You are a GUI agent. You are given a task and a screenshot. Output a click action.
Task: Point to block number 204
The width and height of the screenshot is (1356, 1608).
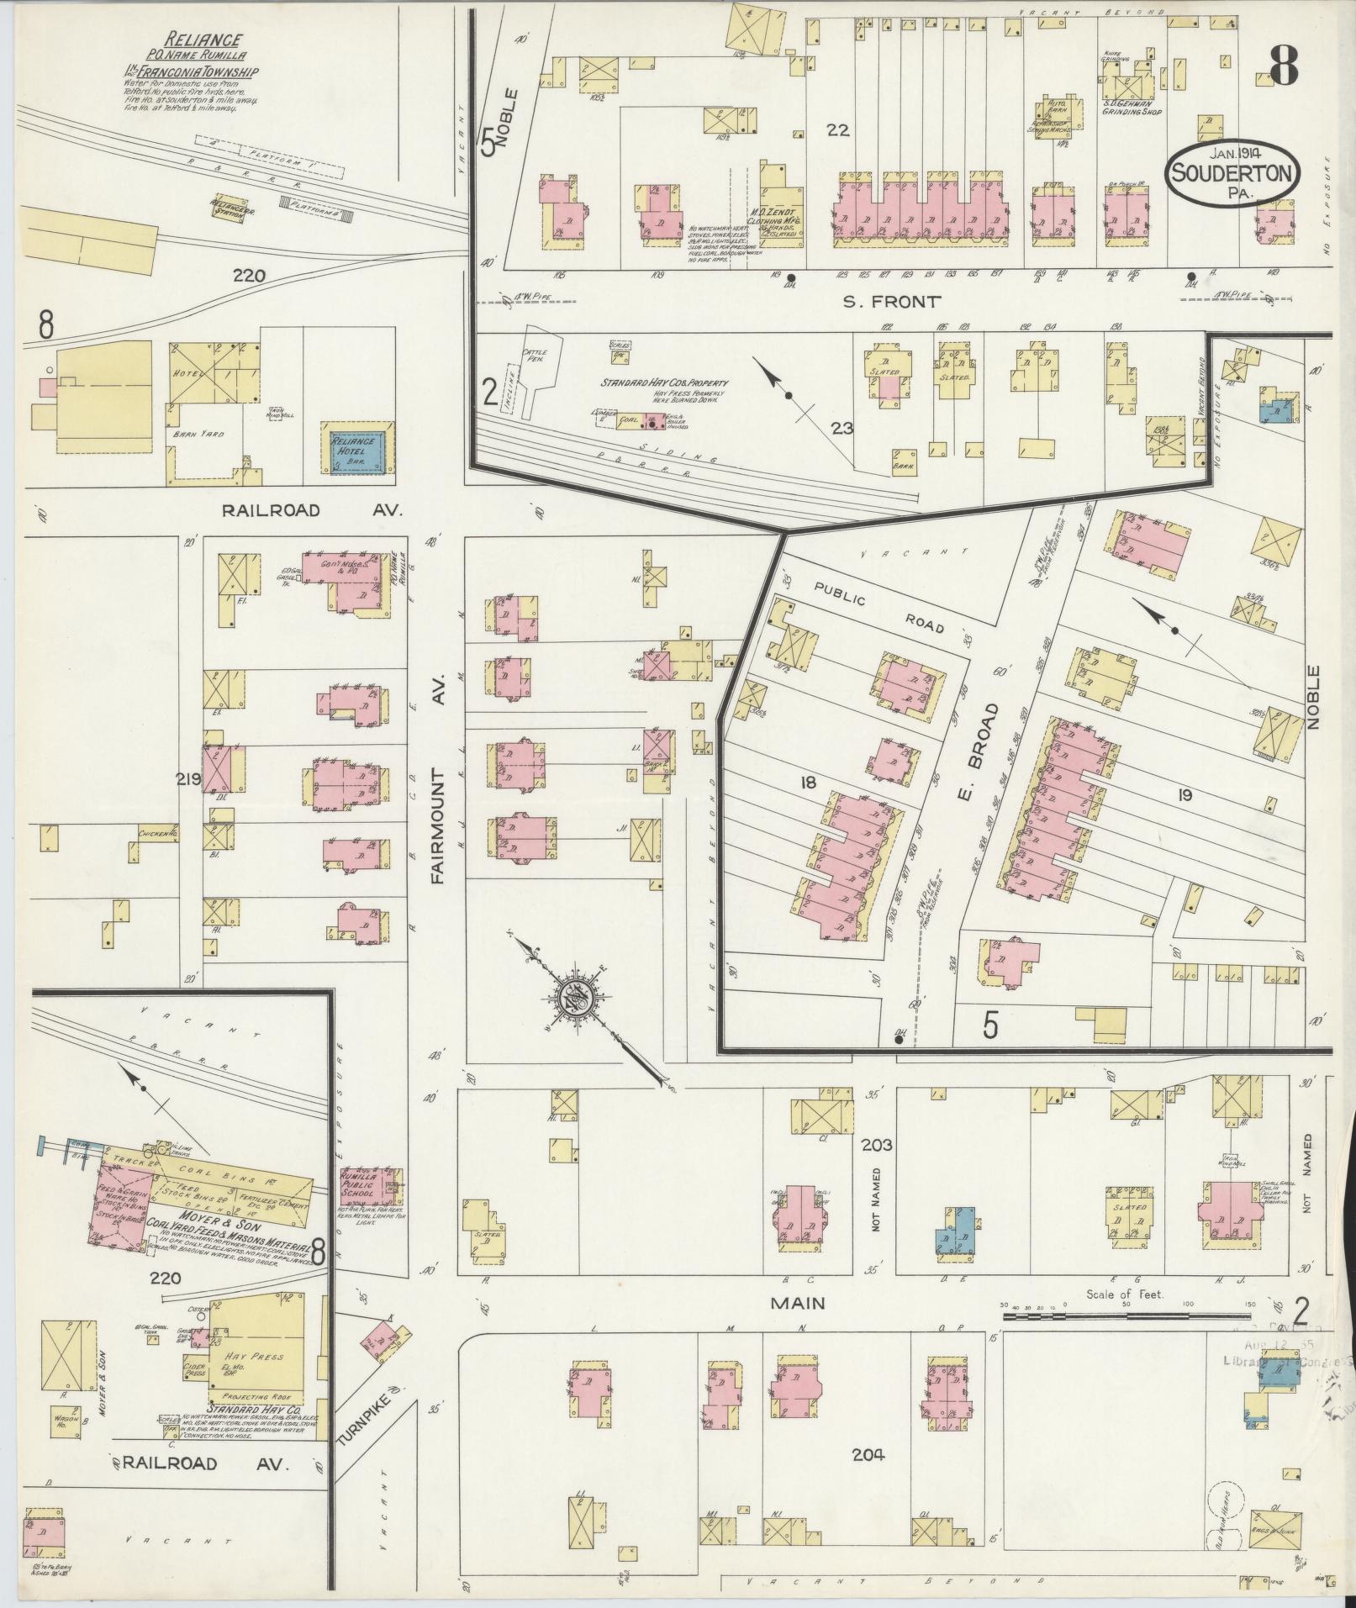tap(868, 1454)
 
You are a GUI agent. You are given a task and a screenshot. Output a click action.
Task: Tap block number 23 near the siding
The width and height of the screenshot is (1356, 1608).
tap(842, 429)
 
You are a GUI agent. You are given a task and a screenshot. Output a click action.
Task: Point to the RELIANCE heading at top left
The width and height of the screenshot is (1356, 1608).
tap(192, 40)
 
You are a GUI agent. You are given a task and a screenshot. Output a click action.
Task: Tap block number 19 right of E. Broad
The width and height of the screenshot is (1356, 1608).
tap(1185, 794)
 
